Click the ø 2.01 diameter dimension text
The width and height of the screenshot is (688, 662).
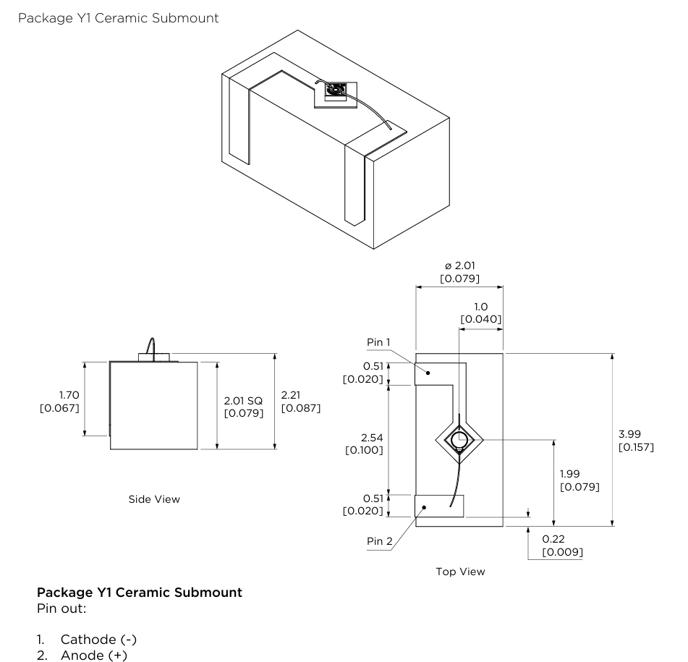(x=459, y=266)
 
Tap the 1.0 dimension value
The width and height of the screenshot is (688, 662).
(x=480, y=306)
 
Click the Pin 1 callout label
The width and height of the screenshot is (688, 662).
(x=378, y=341)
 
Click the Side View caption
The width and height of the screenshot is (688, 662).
(x=154, y=499)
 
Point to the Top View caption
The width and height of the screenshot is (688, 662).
(x=460, y=572)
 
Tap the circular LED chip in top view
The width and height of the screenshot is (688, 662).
(x=459, y=438)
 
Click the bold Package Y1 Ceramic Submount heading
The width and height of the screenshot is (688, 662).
(x=139, y=593)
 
